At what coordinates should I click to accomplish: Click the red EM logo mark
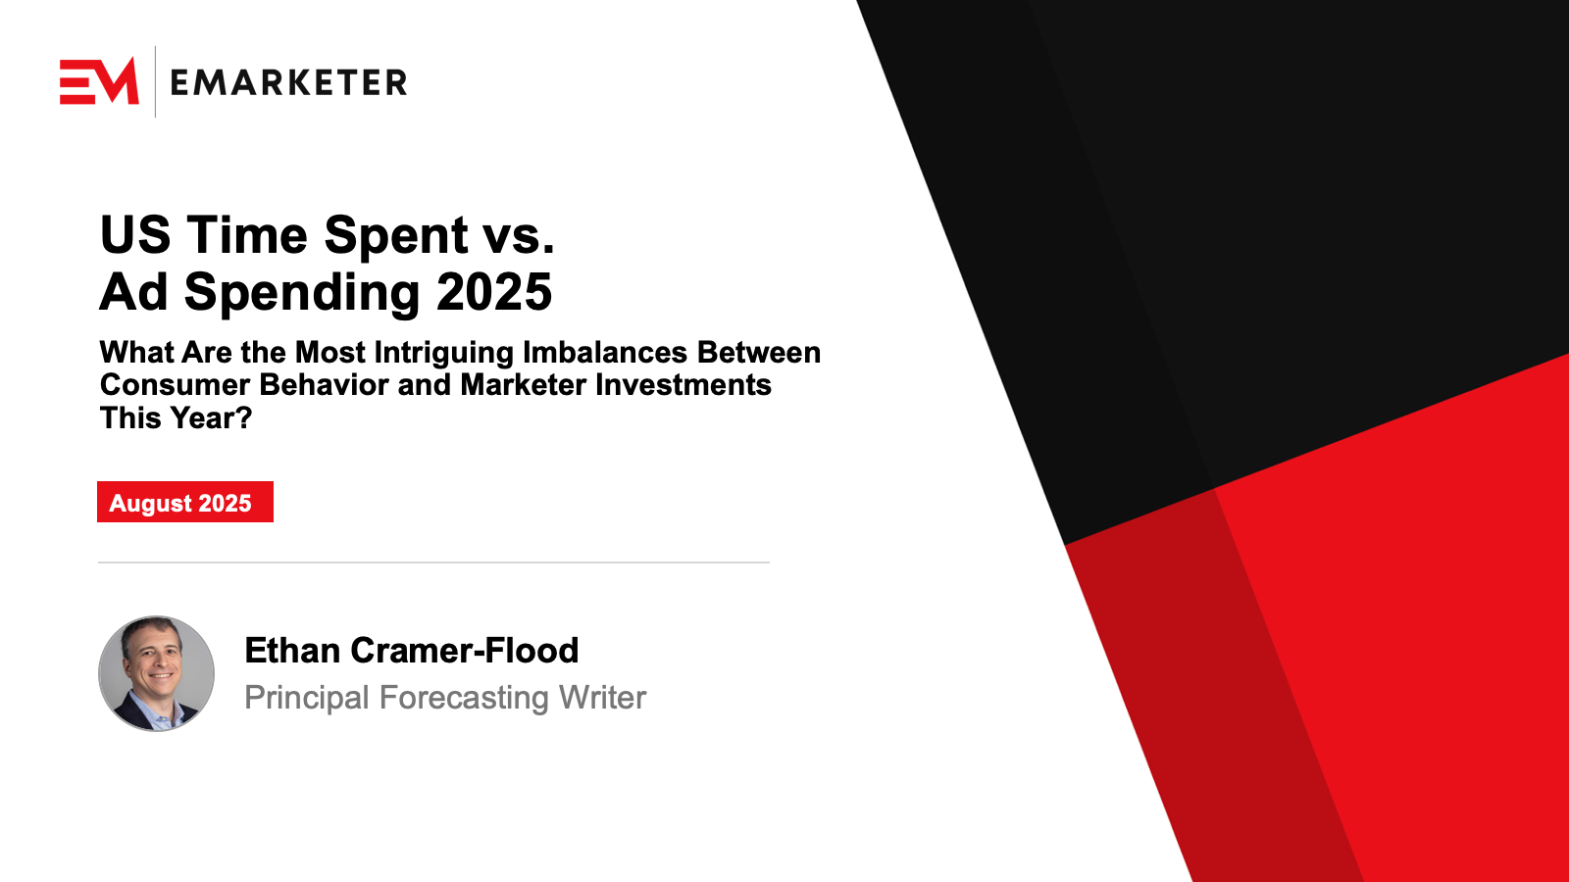(99, 81)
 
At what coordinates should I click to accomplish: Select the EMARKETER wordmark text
(288, 82)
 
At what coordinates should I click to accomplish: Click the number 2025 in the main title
(494, 292)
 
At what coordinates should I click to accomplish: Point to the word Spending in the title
(302, 294)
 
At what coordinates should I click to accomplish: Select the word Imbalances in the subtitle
(605, 352)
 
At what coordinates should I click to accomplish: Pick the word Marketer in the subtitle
(523, 385)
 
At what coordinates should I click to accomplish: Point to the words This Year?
(176, 417)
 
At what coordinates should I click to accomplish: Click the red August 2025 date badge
(185, 502)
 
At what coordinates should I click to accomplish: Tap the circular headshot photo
(156, 673)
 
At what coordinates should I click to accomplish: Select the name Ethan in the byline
(293, 651)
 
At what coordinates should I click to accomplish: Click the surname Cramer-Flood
(465, 651)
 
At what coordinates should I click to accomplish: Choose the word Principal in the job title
(307, 698)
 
